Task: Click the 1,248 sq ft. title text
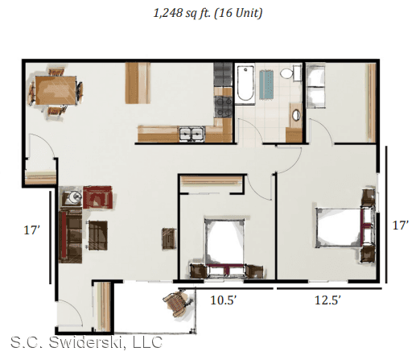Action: (208, 14)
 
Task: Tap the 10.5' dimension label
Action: (224, 300)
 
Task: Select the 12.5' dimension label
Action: (327, 300)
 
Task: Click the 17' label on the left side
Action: (32, 230)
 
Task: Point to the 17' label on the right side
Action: (401, 226)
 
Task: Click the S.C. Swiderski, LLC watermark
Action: (86, 342)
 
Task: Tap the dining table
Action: (56, 90)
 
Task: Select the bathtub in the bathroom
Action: (245, 84)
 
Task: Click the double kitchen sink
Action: (192, 134)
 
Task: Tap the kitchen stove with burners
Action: (223, 106)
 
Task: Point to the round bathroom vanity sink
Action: (296, 115)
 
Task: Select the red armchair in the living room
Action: (97, 197)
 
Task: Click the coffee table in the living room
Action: (98, 235)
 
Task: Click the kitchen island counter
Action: (138, 83)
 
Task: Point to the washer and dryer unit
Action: (316, 85)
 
